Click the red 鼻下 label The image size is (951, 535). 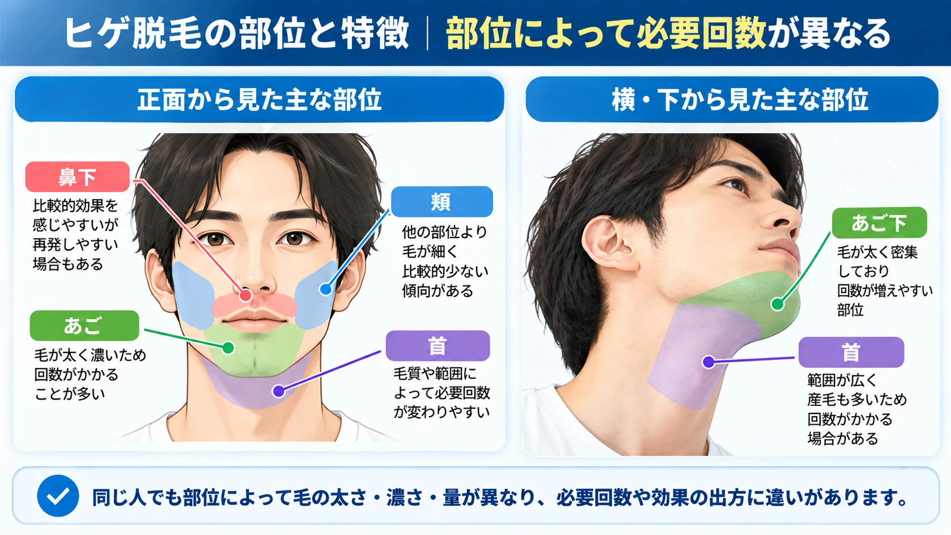pyautogui.click(x=77, y=176)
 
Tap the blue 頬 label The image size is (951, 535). pyautogui.click(x=441, y=201)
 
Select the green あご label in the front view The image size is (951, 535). pyautogui.click(x=84, y=325)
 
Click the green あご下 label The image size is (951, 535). pyautogui.click(x=879, y=223)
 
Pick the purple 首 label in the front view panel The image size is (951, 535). pyautogui.click(x=438, y=346)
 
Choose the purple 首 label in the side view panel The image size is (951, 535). pyautogui.click(x=851, y=352)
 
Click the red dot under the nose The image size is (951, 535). pyautogui.click(x=245, y=295)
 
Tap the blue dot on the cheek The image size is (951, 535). pyautogui.click(x=326, y=289)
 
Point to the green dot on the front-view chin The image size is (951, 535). pyautogui.click(x=229, y=348)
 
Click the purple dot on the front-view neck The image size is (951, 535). pyautogui.click(x=279, y=391)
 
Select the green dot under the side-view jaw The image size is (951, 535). pyautogui.click(x=778, y=304)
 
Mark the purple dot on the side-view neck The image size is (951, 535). pyautogui.click(x=708, y=362)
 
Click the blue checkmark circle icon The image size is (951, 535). pyautogui.click(x=58, y=496)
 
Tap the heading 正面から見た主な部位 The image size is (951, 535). pyautogui.click(x=259, y=99)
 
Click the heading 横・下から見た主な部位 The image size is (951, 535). pyautogui.click(x=739, y=99)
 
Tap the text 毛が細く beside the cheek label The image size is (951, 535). pyautogui.click(x=430, y=252)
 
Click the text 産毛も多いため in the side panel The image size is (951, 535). pyautogui.click(x=857, y=399)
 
